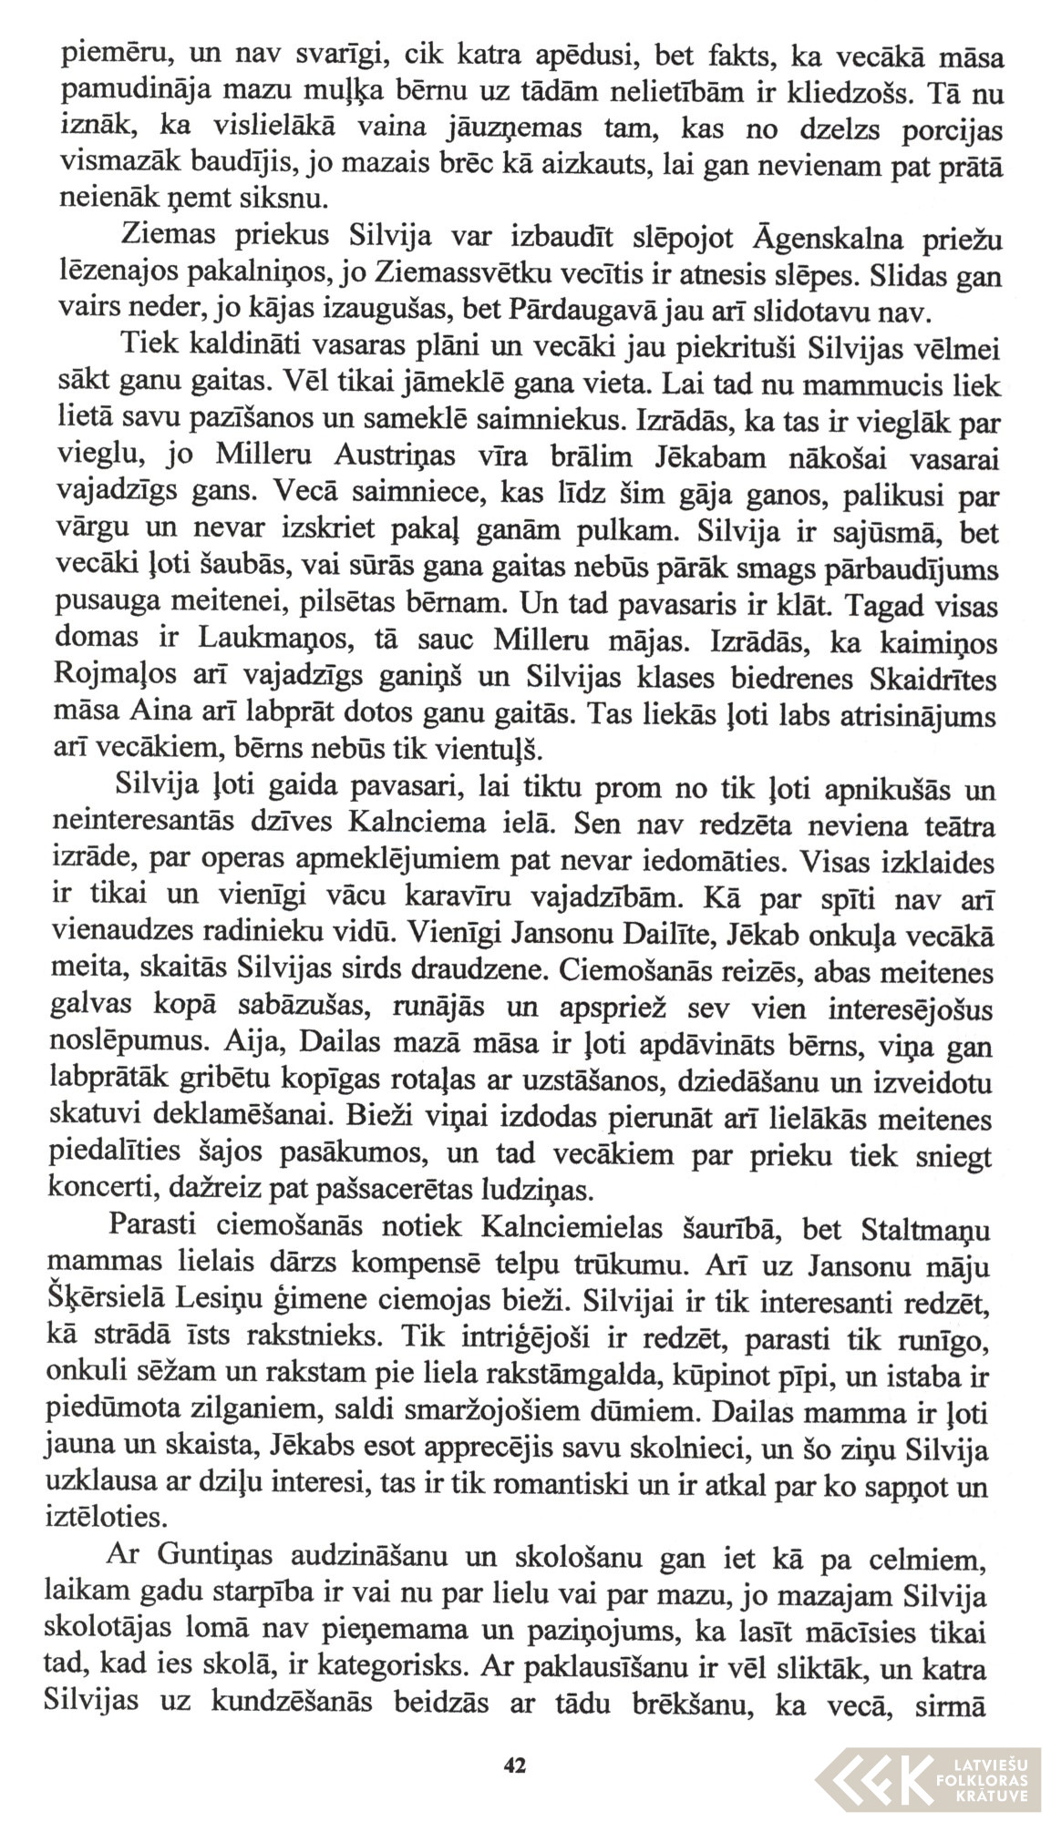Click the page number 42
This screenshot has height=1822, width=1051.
click(x=514, y=1765)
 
